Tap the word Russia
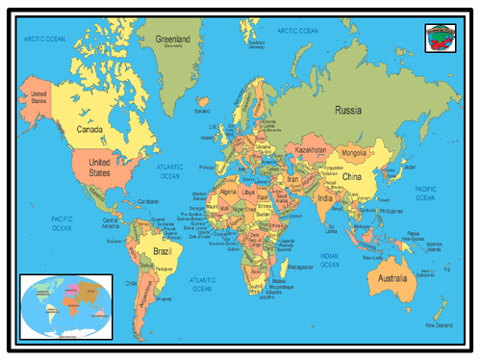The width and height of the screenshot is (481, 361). pyautogui.click(x=347, y=111)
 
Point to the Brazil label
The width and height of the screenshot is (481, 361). pyautogui.click(x=162, y=251)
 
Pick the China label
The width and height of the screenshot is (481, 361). pyautogui.click(x=351, y=177)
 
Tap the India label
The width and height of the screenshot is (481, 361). pyautogui.click(x=326, y=198)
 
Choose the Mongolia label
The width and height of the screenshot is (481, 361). pyautogui.click(x=354, y=153)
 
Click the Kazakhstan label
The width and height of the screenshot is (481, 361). pyautogui.click(x=314, y=152)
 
